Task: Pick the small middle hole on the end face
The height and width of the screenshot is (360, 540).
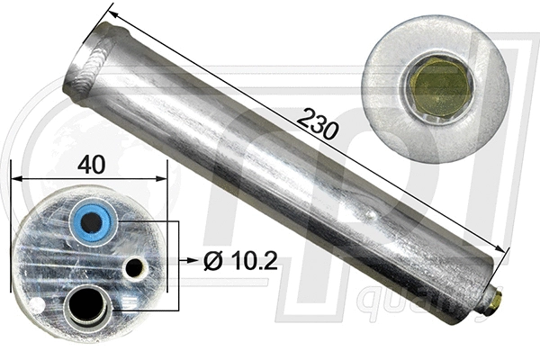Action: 135,268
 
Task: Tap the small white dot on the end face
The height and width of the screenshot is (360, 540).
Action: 36,306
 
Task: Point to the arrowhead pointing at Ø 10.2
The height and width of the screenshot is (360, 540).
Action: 191,263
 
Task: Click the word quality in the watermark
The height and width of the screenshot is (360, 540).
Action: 400,303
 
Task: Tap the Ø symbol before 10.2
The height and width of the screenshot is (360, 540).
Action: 213,263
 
